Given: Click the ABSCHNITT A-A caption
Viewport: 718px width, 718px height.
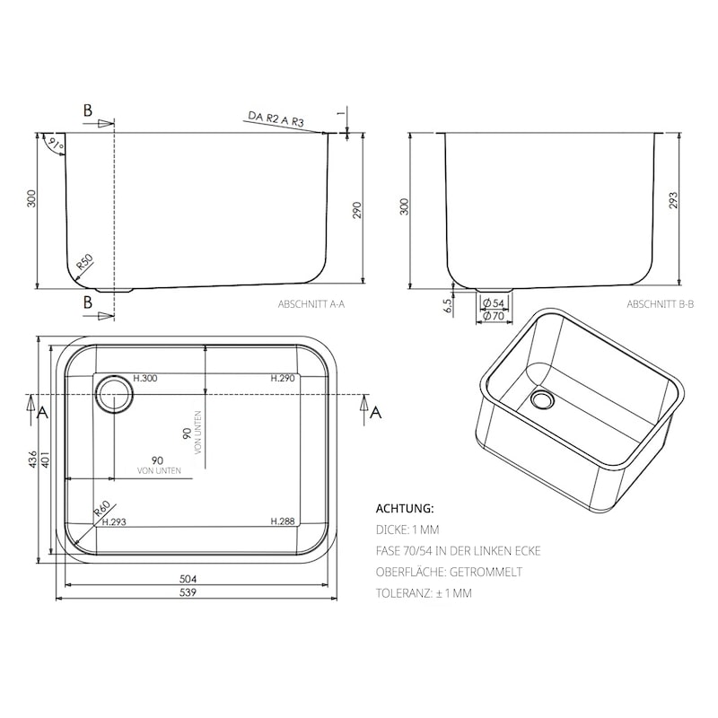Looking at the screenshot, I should tap(311, 305).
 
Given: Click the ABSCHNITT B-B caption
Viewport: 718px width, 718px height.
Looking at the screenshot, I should tap(660, 305).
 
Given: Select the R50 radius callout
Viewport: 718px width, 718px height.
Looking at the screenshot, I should tap(84, 263).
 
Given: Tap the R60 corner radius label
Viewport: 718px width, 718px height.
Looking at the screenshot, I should tap(101, 511).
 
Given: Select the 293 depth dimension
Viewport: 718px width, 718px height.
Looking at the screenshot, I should tap(674, 199).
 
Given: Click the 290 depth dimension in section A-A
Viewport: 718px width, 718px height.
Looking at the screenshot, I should tap(356, 211).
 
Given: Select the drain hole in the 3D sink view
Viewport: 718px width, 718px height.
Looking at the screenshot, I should tap(542, 397).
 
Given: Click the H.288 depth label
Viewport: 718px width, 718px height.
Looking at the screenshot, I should tap(282, 521).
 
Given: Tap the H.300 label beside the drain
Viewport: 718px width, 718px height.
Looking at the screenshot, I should tap(145, 379).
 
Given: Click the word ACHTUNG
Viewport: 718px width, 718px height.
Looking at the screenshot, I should tap(404, 508).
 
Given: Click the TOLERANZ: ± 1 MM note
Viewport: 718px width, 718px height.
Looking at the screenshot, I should tap(424, 593).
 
